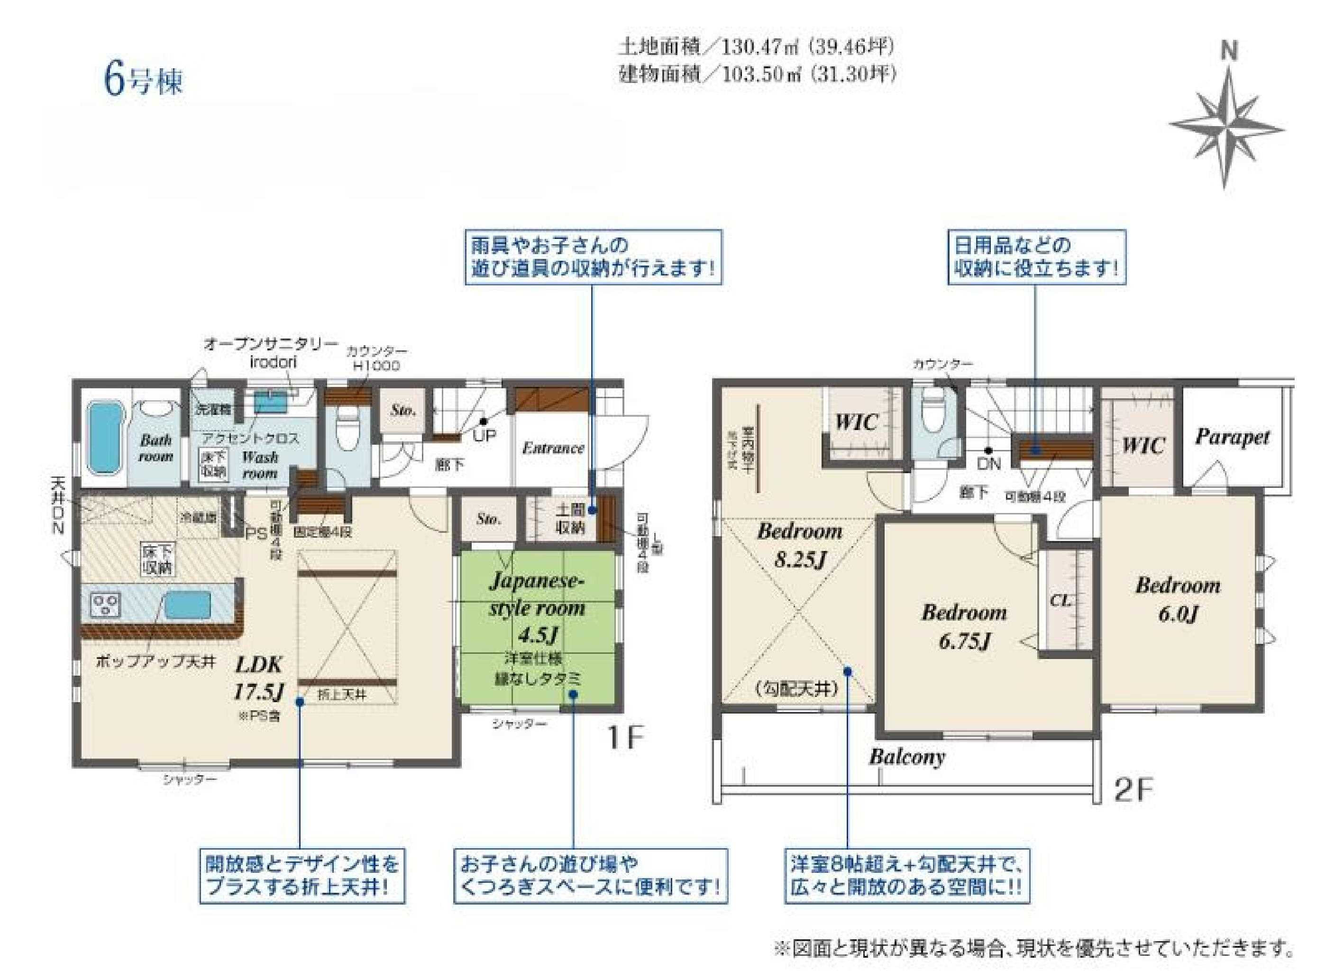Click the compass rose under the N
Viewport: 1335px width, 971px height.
tap(1226, 128)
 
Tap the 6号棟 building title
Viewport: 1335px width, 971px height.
tap(143, 81)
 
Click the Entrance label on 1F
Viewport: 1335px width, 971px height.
tap(553, 448)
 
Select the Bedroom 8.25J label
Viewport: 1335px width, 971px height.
tap(799, 545)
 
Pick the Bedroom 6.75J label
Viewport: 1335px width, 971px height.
tap(964, 626)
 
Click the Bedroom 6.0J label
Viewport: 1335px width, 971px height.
tap(1177, 599)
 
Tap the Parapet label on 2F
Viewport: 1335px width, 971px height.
tap(1232, 437)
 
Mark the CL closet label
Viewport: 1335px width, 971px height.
tap(1060, 600)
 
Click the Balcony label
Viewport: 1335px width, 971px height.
tap(907, 757)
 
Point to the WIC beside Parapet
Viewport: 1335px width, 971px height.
tap(1143, 445)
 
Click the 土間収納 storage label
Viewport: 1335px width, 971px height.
tap(570, 519)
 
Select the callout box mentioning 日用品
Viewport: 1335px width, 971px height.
tap(1036, 257)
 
